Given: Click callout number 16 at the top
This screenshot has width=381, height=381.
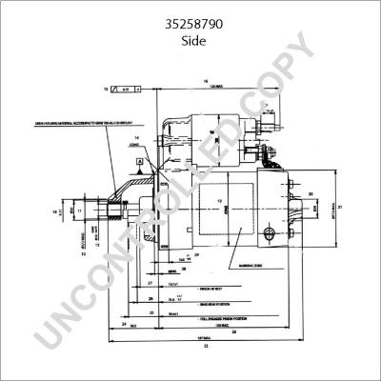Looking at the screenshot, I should (x=206, y=81).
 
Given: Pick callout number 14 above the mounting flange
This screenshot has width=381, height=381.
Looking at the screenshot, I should (x=138, y=139).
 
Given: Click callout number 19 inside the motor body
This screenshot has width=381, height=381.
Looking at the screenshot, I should (x=220, y=201).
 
